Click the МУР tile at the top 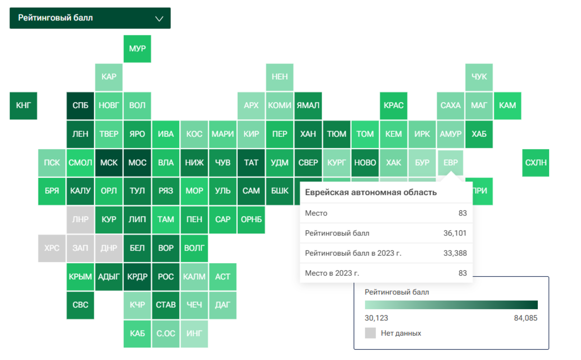137,49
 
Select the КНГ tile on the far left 23,106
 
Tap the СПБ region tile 80,106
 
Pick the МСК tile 109,163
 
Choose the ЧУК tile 479,77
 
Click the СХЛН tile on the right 536,163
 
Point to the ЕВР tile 450,163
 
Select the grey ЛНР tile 80,219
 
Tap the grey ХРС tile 52,248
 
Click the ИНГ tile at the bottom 194,333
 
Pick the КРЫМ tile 80,277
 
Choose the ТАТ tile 251,163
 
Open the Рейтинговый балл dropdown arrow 159,18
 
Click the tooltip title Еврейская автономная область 371,192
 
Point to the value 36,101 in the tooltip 455,233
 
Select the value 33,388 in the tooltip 455,253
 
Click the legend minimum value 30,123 376,318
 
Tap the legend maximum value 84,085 525,318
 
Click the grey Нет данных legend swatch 370,333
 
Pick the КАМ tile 507,106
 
